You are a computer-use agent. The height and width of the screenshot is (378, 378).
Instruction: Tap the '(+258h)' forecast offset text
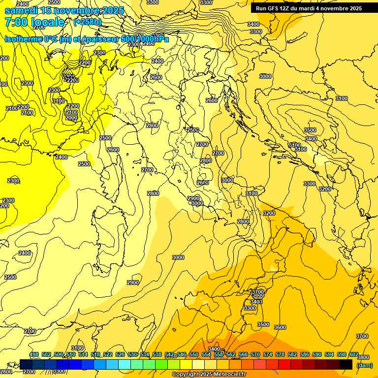click(x=87, y=22)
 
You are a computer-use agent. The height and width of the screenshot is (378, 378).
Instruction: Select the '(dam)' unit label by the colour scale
click(x=364, y=365)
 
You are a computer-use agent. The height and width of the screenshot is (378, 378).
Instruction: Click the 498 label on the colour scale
click(x=34, y=354)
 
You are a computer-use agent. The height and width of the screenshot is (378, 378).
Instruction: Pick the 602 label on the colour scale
click(x=353, y=354)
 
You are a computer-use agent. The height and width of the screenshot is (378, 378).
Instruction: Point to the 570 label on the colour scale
click(x=255, y=354)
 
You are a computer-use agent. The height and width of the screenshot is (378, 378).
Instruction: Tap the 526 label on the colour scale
click(x=120, y=354)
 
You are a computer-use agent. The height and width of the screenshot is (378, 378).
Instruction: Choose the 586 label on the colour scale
click(x=304, y=354)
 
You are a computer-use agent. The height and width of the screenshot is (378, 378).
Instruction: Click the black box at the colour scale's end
click(x=346, y=364)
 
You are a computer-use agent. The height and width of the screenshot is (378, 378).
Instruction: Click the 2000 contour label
click(x=71, y=118)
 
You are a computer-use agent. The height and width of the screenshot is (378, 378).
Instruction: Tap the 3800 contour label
click(x=363, y=357)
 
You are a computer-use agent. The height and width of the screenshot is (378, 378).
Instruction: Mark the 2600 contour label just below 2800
click(x=202, y=183)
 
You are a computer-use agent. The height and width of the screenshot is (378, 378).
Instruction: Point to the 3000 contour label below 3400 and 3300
click(x=265, y=76)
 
